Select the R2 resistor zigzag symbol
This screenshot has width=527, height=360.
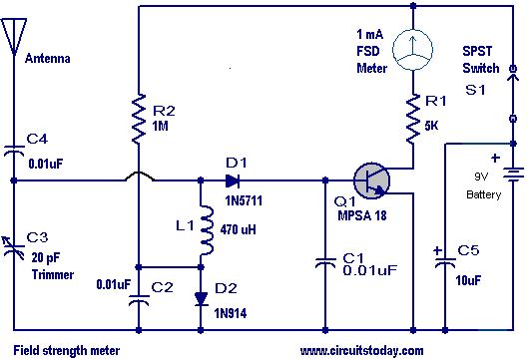coord(139,119)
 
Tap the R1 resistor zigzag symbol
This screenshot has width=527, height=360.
coord(413,119)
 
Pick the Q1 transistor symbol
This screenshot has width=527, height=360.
coord(371,180)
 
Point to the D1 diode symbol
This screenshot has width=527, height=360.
coord(233,181)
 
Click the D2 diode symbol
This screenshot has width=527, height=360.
coord(201,299)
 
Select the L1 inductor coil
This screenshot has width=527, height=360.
coord(206,230)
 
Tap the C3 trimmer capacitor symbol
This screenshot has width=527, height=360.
coord(13,249)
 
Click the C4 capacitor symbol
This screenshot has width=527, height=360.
coord(14,151)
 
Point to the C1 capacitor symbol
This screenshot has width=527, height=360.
coord(325,262)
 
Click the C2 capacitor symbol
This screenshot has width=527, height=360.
coord(139,300)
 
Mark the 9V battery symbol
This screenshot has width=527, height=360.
coord(513,175)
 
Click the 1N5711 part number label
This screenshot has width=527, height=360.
coord(244,200)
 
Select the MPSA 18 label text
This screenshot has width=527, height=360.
coord(362,215)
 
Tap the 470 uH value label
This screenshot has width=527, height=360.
coord(239,230)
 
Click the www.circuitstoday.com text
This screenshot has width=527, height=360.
coord(361,351)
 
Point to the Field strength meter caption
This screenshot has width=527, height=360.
coord(67,351)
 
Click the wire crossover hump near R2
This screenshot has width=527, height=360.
coord(140,177)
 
